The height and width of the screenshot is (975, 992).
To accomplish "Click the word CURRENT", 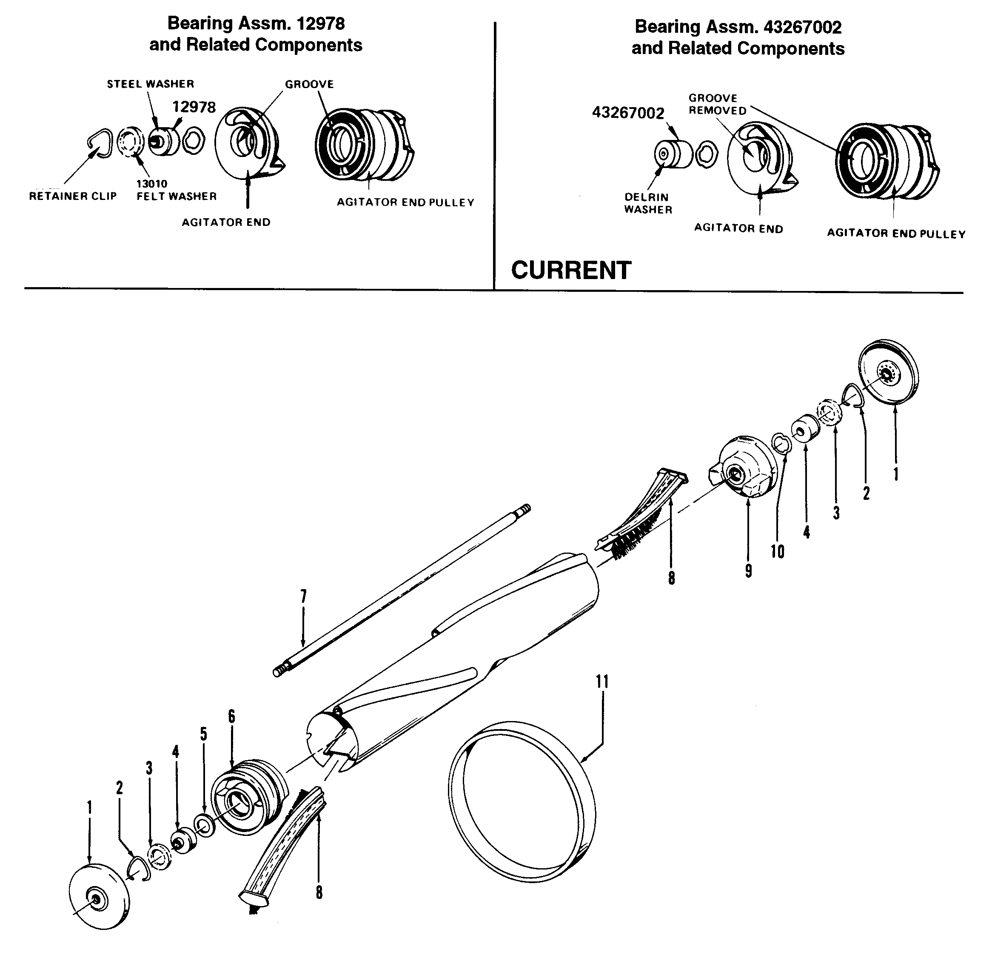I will (570, 271).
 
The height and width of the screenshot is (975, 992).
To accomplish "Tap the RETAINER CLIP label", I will (73, 196).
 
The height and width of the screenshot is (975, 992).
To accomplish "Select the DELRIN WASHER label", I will (647, 203).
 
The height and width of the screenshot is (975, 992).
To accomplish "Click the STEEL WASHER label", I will (150, 84).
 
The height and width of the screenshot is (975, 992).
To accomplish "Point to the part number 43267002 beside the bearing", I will (628, 113).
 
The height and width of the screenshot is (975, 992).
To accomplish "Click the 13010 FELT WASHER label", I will (176, 191).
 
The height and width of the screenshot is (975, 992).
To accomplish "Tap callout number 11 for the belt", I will (602, 682).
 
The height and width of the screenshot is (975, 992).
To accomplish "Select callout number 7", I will (303, 596).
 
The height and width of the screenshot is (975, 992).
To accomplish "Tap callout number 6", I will (231, 716).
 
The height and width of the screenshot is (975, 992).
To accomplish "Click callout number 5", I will (203, 734).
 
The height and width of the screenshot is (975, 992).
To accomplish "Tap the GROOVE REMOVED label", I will (716, 104).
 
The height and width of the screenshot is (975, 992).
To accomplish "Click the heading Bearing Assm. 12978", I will (256, 23).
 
